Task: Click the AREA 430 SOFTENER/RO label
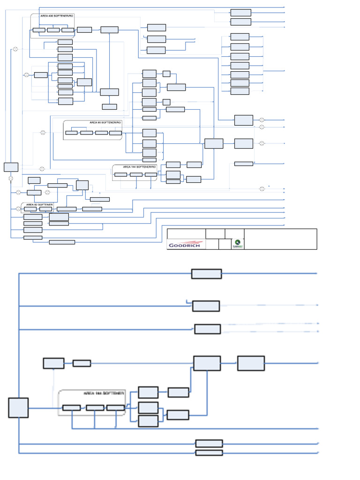pos(57,16)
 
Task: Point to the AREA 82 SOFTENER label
pos(39,204)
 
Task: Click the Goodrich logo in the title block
pos(186,245)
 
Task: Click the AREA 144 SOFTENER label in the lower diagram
pos(104,393)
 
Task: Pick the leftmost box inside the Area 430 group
pos(39,30)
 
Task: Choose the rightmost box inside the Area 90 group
pos(115,133)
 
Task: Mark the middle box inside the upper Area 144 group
pos(136,175)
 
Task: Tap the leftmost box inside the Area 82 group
pos(33,209)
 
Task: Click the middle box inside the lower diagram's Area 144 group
pos(95,408)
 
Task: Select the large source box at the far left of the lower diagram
pos(18,407)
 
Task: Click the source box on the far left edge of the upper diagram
pos(11,167)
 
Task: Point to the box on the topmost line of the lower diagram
pos(206,274)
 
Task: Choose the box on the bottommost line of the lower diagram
pos(209,453)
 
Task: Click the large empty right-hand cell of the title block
pos(280,239)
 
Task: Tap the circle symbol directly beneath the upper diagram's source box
pos(11,178)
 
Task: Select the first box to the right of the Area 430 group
pos(84,30)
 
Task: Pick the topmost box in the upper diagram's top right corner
pos(240,13)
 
